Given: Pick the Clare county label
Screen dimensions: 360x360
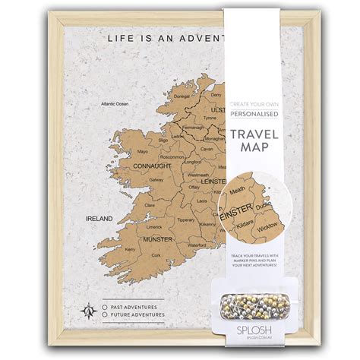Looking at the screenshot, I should point(150,205).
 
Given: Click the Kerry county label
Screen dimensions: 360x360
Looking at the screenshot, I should point(130,248).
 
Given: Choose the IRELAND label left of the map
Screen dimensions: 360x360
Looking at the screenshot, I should point(98,219).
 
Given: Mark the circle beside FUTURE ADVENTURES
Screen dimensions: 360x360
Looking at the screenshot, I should point(104,314).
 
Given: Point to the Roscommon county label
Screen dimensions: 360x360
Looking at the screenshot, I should point(173,156).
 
